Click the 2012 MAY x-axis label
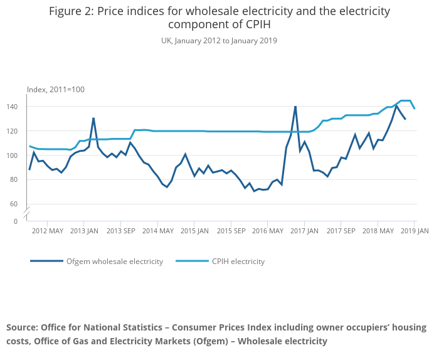click(48, 231)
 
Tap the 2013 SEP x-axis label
click(121, 231)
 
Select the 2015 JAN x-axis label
click(194, 231)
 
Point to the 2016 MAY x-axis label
click(267, 231)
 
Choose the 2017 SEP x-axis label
click(341, 231)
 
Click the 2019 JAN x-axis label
click(414, 231)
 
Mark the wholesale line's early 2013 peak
click(93, 118)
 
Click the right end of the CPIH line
click(415, 109)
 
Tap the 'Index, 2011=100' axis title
click(56, 90)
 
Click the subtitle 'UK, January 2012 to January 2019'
click(219, 41)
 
